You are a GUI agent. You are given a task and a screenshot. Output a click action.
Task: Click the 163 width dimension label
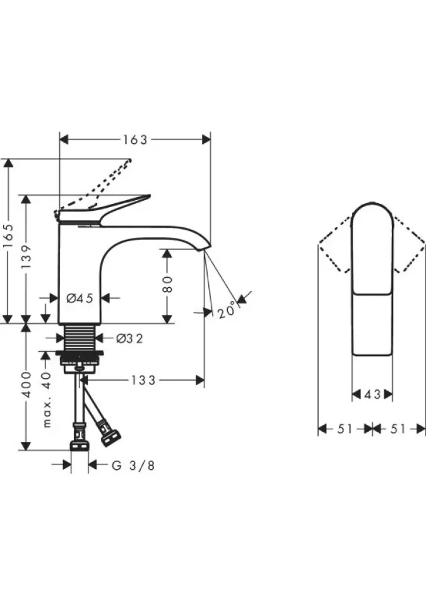(135, 140)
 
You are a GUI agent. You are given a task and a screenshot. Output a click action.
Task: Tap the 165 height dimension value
(8, 236)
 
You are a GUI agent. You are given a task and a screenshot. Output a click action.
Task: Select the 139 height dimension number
(26, 257)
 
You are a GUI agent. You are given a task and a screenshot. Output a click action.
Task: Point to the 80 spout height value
(167, 284)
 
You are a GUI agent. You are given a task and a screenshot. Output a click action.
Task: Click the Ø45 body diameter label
(80, 298)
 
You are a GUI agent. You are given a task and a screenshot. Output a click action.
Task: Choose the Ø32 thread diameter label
(129, 338)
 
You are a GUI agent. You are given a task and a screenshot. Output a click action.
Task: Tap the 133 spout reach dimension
(143, 380)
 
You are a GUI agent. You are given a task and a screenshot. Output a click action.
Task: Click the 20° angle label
(227, 309)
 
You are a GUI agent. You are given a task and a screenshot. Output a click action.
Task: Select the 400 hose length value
(26, 384)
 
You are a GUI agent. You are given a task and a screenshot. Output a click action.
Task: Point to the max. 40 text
(47, 400)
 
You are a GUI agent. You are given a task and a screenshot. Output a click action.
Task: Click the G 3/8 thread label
(133, 465)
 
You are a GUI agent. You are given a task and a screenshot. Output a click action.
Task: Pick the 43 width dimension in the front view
(372, 395)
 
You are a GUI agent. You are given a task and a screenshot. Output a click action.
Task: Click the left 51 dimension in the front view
(345, 429)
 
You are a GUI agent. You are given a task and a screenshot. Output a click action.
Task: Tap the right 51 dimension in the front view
(398, 429)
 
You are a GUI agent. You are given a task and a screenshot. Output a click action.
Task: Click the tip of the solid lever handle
(148, 196)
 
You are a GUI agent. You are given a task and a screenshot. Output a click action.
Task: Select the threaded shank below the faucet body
(80, 337)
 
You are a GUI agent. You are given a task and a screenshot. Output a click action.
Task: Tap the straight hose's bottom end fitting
(80, 445)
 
